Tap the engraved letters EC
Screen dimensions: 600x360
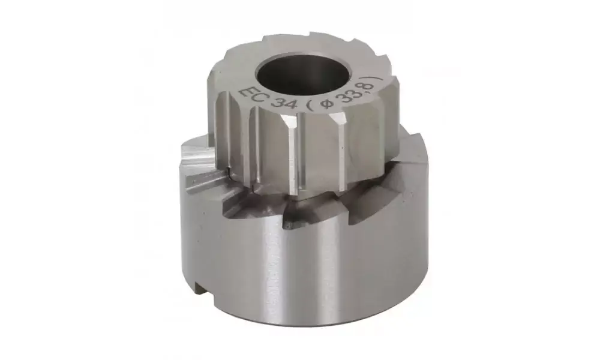[249, 97]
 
